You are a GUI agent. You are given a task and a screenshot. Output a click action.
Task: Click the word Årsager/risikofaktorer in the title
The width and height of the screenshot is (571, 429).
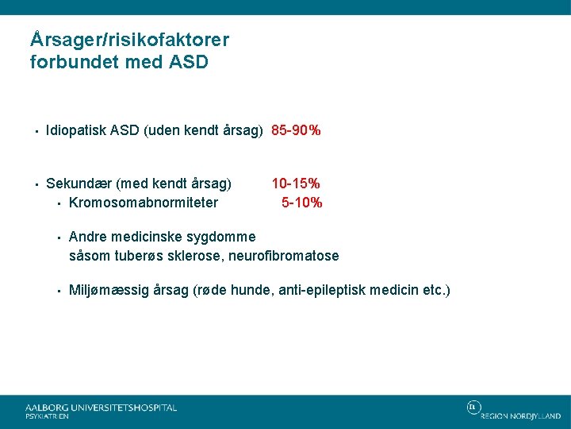click(129, 39)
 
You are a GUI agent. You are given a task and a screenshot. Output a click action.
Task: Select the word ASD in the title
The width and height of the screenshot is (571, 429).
click(188, 62)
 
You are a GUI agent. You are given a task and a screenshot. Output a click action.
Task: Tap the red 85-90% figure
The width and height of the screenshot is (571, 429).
click(296, 130)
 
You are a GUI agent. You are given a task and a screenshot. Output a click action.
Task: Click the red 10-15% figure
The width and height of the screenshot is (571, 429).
click(296, 184)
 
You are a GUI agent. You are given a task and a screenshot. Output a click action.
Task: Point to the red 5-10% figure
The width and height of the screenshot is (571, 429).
click(301, 202)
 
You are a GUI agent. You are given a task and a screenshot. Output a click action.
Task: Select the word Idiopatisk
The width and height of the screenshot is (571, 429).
click(76, 130)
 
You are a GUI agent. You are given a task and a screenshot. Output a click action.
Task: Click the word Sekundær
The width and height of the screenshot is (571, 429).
click(79, 184)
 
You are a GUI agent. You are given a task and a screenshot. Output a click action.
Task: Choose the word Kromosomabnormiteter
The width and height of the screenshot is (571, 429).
click(144, 202)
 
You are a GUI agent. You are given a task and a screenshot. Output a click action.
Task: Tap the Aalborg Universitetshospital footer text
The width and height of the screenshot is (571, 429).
click(102, 407)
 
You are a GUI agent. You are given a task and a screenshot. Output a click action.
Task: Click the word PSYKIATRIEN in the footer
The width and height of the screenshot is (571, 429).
click(47, 416)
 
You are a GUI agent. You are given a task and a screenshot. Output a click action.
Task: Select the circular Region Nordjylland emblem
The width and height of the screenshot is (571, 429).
click(473, 408)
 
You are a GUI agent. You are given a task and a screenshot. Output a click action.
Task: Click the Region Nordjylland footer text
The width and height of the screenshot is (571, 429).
click(520, 415)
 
